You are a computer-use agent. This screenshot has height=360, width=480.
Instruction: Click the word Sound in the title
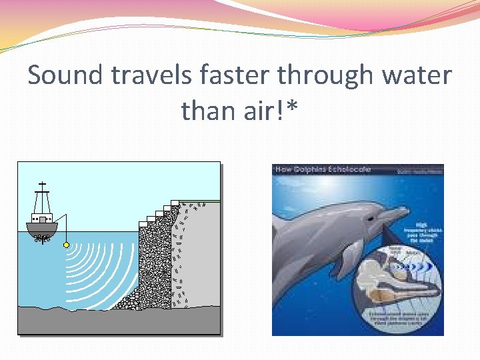coord(65,76)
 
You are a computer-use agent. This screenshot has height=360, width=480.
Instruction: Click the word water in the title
coord(417,76)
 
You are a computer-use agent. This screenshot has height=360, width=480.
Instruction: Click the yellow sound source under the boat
coord(66,245)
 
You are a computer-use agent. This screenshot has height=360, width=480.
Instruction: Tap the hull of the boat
coord(42,229)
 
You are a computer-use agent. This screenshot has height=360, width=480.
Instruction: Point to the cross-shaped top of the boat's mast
coord(43,184)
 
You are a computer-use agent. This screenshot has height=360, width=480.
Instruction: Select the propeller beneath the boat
coord(42,239)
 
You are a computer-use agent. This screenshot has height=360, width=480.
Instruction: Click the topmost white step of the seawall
coord(175,201)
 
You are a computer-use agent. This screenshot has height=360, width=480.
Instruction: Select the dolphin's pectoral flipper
coord(347,257)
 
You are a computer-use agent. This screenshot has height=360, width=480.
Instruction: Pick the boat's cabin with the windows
coord(43,218)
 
